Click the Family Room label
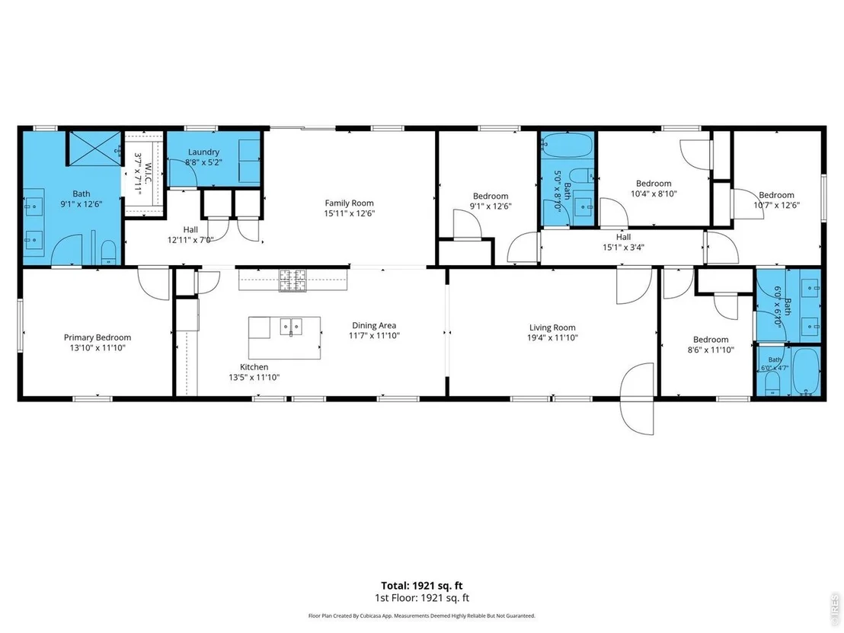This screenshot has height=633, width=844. (x=349, y=203)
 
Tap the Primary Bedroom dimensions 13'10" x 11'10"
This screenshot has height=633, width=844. (x=98, y=347)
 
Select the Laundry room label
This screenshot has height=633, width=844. (x=203, y=152)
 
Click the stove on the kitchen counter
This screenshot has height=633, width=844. (x=293, y=280)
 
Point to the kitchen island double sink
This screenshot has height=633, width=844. (x=291, y=326)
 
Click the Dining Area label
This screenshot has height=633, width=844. (x=374, y=325)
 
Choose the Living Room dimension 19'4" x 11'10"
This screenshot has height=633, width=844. (x=552, y=337)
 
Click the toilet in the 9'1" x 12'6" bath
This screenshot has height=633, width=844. (x=109, y=253)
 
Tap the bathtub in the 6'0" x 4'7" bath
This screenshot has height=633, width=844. (x=806, y=372)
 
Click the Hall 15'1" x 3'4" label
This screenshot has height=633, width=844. (x=623, y=242)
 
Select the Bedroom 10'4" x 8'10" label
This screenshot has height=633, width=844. (x=654, y=188)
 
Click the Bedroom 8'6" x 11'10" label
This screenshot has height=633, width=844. (x=711, y=344)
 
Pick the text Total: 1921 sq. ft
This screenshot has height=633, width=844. (x=422, y=586)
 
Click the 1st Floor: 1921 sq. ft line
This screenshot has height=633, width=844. (x=422, y=597)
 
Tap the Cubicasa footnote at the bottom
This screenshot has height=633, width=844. (x=422, y=615)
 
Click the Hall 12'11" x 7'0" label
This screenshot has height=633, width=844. (x=190, y=235)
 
